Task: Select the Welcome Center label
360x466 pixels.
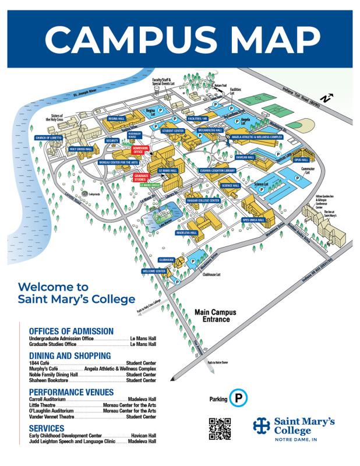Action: tap(154, 271)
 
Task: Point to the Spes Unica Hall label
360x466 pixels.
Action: tap(253, 220)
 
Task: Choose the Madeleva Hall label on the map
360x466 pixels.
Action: tap(187, 232)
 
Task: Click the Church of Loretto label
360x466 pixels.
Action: tap(48, 138)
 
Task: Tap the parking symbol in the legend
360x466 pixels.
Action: tap(238, 399)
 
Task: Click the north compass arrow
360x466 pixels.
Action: tap(328, 98)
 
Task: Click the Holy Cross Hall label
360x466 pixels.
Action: tap(82, 149)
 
